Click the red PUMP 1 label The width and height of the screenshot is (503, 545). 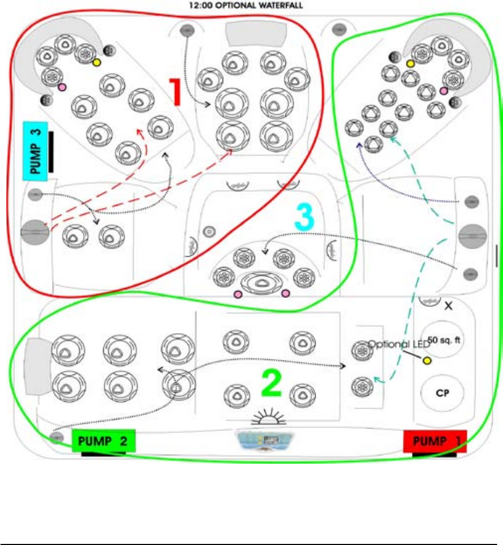tap(435, 441)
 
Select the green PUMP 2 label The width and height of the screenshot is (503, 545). tap(104, 441)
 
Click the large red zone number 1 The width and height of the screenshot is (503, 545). tap(177, 92)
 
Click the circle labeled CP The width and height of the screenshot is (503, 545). tap(442, 392)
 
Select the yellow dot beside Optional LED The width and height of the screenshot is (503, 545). tap(427, 360)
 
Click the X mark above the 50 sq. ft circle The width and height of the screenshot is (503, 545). tap(448, 306)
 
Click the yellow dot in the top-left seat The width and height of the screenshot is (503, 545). tap(96, 63)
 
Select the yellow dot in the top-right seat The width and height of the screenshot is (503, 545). tap(410, 64)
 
